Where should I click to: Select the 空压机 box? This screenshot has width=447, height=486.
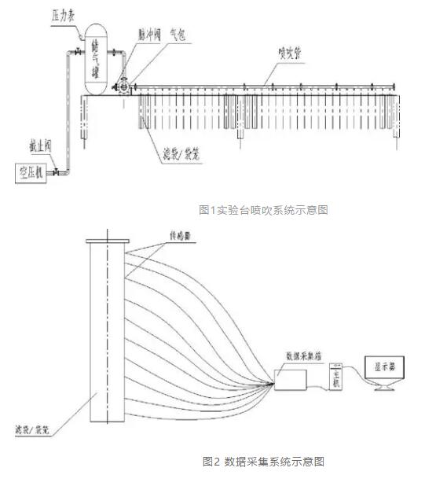click(29, 173)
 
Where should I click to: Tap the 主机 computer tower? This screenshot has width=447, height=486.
click(335, 376)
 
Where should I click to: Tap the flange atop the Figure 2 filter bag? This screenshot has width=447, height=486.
click(106, 241)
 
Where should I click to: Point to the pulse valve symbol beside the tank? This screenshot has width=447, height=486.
click(123, 85)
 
